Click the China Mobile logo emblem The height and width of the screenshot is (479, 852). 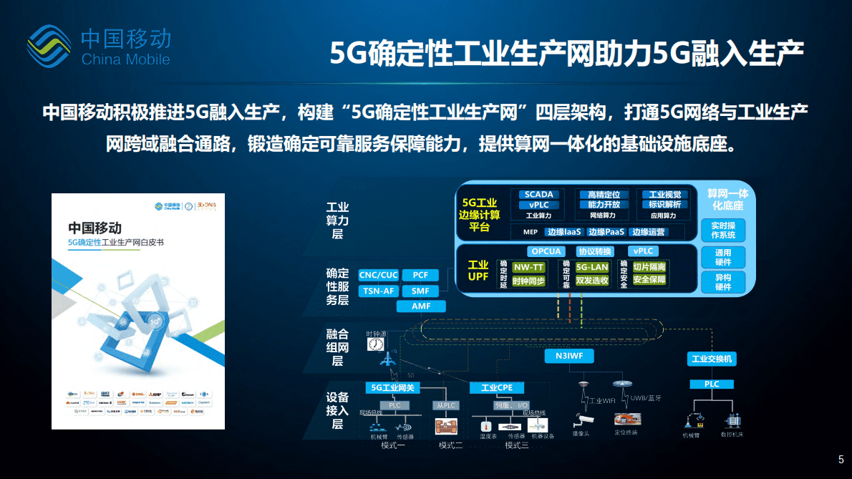(49, 46)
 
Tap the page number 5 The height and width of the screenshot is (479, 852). (841, 460)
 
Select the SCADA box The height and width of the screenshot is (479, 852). (538, 195)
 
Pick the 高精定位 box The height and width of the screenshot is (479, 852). (603, 195)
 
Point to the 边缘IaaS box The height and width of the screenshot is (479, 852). (563, 232)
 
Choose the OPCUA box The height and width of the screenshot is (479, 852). (546, 251)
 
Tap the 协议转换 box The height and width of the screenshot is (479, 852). (595, 251)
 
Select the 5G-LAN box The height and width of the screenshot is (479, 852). (591, 267)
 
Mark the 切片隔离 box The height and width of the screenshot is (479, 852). (649, 267)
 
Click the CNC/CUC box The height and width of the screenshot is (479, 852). (378, 275)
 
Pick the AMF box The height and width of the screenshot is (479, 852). (421, 306)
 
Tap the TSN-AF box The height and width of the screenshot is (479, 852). (378, 291)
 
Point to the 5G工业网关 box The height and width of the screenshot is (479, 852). (389, 387)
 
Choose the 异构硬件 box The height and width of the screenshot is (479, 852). (723, 282)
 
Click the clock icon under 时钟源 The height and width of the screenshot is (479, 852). (375, 345)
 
